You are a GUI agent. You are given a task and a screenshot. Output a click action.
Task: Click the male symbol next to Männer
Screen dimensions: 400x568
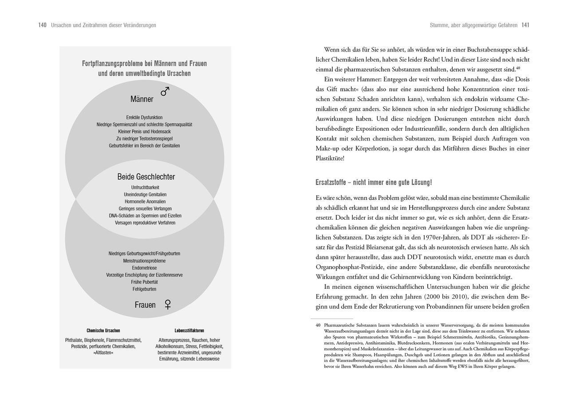tap(165, 91)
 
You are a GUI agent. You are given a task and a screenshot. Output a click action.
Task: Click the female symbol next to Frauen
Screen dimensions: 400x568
tap(168, 304)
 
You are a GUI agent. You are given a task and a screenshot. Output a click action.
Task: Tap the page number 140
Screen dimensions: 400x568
tap(42, 25)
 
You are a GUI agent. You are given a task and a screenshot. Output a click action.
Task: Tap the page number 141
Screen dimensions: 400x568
tap(525, 25)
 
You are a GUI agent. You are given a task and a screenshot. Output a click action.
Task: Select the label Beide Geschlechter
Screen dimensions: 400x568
tap(146, 177)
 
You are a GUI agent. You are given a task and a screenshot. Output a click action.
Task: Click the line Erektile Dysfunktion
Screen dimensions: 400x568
tap(144, 117)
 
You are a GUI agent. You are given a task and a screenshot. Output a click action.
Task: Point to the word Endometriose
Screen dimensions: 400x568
tap(144, 268)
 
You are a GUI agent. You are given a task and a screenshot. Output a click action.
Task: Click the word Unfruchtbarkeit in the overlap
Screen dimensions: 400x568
tap(145, 187)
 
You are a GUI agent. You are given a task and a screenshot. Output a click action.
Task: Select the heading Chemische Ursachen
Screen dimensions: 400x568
tap(103, 330)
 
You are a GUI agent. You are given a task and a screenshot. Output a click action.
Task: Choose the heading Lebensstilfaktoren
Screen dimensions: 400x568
tap(189, 330)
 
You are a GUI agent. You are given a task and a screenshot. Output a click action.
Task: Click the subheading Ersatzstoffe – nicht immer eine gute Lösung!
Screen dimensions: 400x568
tap(374, 183)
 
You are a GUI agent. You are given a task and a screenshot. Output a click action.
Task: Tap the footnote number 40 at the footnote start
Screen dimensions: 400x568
tap(318, 325)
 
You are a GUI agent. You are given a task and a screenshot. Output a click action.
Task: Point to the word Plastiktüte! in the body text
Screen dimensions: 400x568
tap(330, 158)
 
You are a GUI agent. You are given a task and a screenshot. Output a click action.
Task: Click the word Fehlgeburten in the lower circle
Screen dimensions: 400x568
tap(144, 289)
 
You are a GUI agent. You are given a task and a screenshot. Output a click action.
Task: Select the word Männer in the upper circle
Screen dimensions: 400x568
tap(142, 99)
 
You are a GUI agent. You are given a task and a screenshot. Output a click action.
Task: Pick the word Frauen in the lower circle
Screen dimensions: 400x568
tap(145, 305)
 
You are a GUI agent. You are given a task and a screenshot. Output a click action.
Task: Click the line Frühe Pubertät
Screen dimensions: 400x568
tap(144, 282)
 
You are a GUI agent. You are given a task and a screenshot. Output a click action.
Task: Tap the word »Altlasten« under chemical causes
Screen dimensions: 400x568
tap(103, 353)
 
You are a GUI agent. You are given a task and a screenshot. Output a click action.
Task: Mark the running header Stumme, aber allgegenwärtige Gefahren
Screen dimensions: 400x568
tap(473, 25)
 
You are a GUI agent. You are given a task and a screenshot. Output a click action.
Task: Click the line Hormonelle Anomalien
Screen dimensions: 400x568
tap(145, 202)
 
